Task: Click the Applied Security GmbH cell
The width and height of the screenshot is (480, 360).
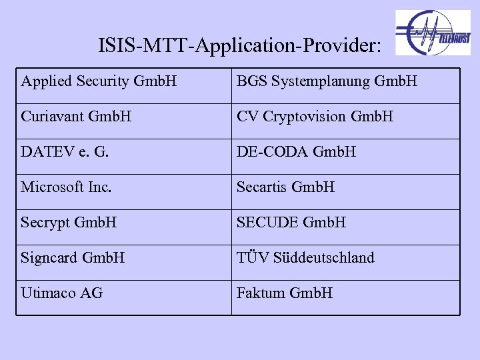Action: (99, 81)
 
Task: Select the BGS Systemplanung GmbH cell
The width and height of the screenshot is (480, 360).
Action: (327, 81)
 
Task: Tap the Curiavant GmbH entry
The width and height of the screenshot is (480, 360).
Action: (76, 117)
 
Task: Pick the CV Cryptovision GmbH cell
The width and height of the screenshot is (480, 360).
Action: (315, 117)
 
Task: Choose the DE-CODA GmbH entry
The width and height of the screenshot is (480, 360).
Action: (296, 152)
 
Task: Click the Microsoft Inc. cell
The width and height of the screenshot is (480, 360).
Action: (65, 187)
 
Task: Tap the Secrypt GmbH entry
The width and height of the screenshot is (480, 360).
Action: (69, 223)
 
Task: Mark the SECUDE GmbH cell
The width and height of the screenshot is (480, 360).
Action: (291, 223)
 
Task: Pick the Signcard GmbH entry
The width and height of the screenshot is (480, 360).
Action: (73, 258)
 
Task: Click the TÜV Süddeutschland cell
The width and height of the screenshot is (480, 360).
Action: (305, 258)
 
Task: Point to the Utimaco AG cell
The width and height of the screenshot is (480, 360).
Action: (62, 293)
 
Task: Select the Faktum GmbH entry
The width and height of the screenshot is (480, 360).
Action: (285, 293)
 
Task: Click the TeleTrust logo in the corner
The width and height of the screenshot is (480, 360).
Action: (433, 33)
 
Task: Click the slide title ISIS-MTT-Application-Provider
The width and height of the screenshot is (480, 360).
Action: (240, 46)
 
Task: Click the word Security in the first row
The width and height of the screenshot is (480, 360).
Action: (103, 81)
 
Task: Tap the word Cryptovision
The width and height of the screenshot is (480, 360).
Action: (305, 117)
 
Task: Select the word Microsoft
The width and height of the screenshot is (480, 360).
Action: (53, 187)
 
